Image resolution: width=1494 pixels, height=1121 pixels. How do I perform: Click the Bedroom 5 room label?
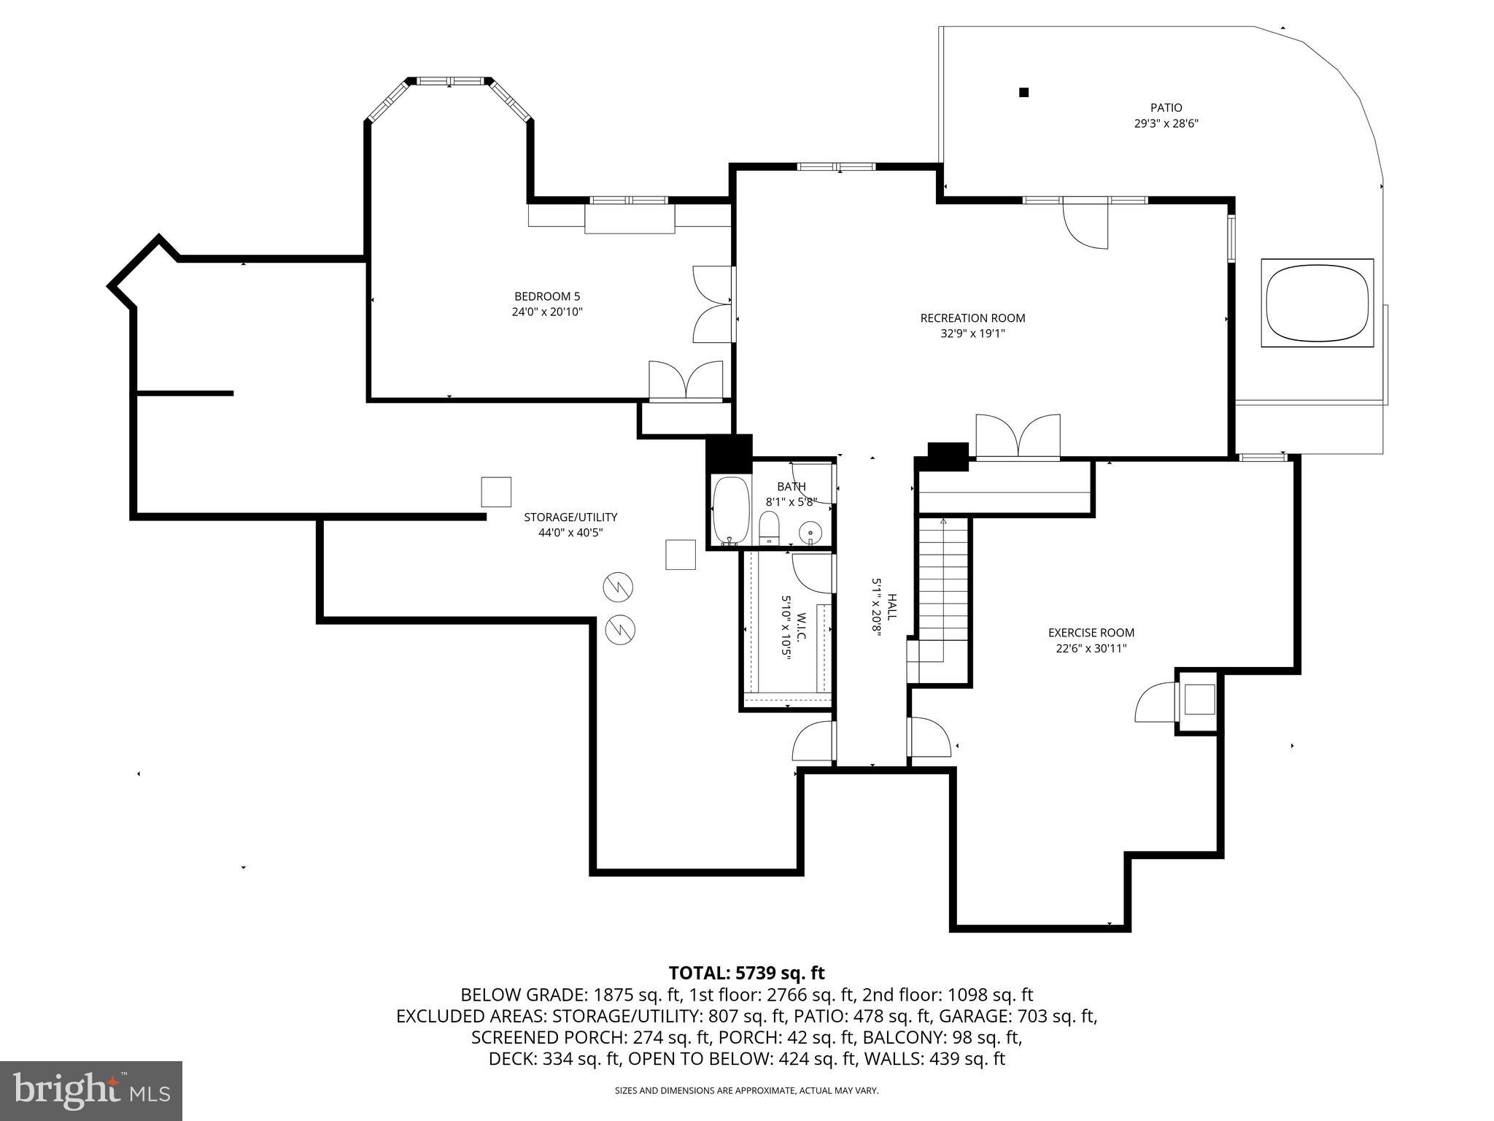[x=547, y=296]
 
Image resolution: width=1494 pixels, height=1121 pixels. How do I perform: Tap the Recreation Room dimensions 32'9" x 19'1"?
[x=972, y=334]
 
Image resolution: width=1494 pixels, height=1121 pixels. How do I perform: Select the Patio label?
[x=1166, y=108]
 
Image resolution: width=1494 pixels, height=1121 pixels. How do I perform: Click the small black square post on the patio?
[x=1023, y=93]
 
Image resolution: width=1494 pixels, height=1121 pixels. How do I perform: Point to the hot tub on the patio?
[x=1317, y=302]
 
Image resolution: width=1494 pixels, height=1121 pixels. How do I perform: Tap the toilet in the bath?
[x=769, y=527]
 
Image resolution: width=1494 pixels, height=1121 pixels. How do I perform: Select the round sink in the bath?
[x=810, y=533]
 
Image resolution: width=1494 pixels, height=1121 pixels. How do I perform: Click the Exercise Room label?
[x=1091, y=633]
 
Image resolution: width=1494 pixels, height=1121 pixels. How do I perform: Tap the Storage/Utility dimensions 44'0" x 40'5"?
[x=570, y=533]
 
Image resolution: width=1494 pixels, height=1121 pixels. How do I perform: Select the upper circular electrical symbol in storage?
[x=618, y=588]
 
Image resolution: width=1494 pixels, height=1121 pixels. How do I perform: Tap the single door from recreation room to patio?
[x=1085, y=225]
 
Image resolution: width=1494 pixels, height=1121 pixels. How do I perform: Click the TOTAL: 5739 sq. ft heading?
[x=746, y=973]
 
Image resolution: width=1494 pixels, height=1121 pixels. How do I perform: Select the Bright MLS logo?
[x=91, y=1090]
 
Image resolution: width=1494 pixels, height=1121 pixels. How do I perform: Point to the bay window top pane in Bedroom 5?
[x=449, y=80]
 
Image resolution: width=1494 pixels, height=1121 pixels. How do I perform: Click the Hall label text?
[x=891, y=607]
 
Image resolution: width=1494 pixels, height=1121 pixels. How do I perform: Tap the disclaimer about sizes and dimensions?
[x=746, y=1090]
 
